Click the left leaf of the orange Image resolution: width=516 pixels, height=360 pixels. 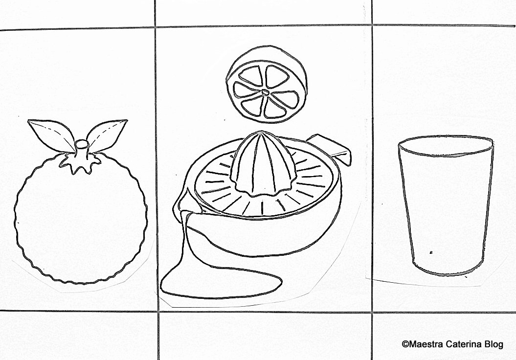(x=53, y=135)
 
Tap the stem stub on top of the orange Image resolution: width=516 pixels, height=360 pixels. (x=82, y=149)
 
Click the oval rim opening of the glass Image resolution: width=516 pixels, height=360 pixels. (x=446, y=146)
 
